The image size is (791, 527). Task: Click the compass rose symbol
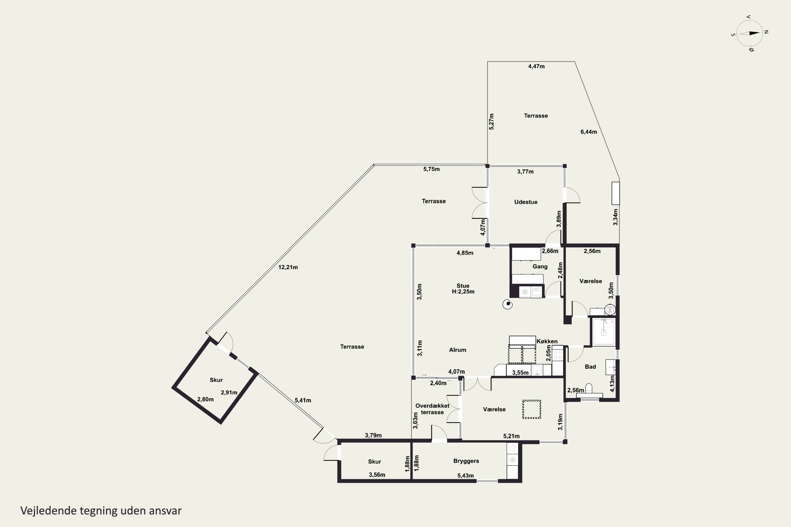pos(750,33)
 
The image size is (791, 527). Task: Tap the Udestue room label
pos(526,202)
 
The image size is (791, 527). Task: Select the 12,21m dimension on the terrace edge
pos(288,267)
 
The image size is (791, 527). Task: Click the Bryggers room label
pos(466,461)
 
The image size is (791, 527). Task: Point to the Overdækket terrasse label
pos(432,409)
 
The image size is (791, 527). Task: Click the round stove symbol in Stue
pos(508,304)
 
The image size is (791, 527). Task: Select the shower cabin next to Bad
pos(604,332)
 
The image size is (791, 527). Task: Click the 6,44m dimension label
pos(589,132)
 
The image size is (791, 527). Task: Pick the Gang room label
pos(540,266)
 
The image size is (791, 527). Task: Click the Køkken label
pos(547,341)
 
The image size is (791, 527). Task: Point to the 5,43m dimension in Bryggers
pos(465,476)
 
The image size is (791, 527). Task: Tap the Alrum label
pos(457,350)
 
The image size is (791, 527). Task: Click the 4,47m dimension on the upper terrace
pos(536,66)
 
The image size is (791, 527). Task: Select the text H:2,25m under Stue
pos(463,291)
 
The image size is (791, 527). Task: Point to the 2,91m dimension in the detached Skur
pos(229,392)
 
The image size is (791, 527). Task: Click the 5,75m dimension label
pos(431,169)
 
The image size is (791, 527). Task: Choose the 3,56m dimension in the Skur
pos(377,475)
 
